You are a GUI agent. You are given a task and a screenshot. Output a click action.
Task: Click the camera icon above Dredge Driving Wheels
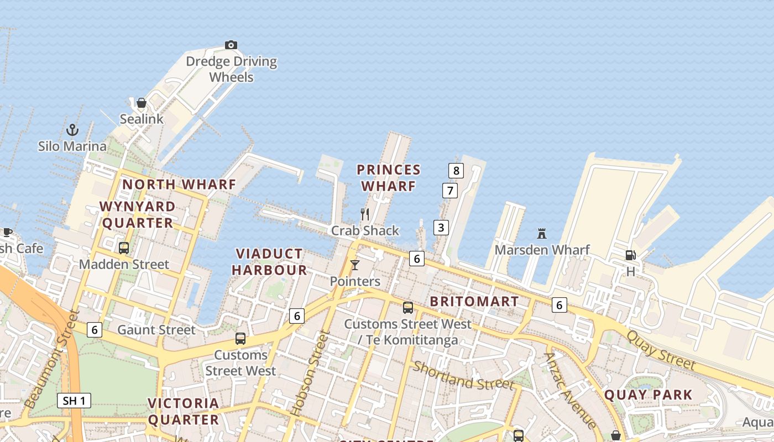231,45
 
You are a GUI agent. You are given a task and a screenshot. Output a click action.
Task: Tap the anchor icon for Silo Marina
72,130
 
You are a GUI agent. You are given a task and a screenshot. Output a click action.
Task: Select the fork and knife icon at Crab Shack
365,214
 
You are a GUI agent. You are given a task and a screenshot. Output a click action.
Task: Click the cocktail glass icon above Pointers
355,265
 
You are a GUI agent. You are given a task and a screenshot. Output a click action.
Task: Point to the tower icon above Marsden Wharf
542,234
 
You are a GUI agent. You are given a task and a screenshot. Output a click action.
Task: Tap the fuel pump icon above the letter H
630,255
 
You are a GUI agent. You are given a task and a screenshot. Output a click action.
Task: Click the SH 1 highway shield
74,401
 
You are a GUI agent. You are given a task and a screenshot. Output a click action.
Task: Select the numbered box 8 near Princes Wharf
456,170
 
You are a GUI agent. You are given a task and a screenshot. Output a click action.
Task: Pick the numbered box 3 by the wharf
441,227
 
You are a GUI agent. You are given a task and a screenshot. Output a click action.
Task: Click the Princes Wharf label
388,178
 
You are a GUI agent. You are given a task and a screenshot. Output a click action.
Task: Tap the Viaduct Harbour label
269,262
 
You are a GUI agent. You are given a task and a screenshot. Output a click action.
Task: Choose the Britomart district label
474,302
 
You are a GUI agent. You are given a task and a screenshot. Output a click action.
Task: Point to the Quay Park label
648,395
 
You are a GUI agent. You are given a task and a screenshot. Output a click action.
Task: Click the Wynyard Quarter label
137,214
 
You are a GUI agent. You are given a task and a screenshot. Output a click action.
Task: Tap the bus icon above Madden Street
124,248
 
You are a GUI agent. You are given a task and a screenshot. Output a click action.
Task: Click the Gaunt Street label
156,330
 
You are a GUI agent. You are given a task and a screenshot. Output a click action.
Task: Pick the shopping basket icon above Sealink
142,103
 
